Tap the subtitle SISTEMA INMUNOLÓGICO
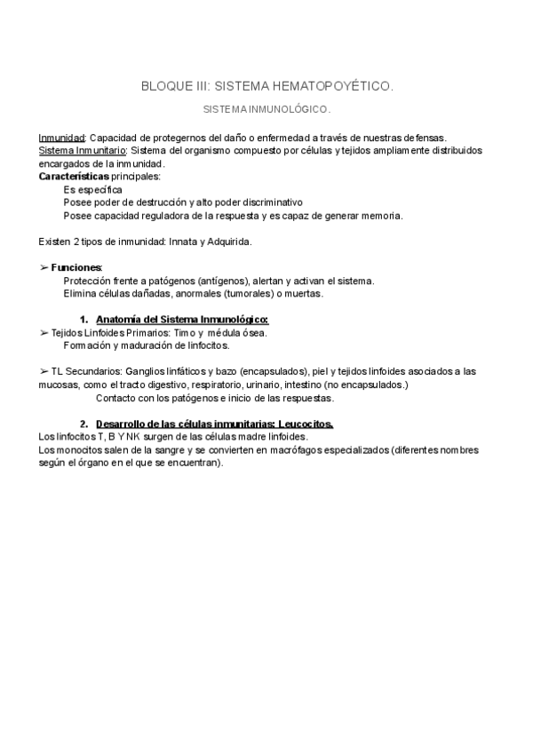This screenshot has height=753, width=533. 266,110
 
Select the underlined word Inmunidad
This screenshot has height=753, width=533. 61,138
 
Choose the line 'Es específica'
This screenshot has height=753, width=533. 93,190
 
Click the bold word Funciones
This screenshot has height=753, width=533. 76,267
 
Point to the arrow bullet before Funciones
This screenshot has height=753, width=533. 44,267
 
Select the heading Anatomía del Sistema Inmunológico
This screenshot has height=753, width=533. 182,320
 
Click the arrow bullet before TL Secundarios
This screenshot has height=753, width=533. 44,371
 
